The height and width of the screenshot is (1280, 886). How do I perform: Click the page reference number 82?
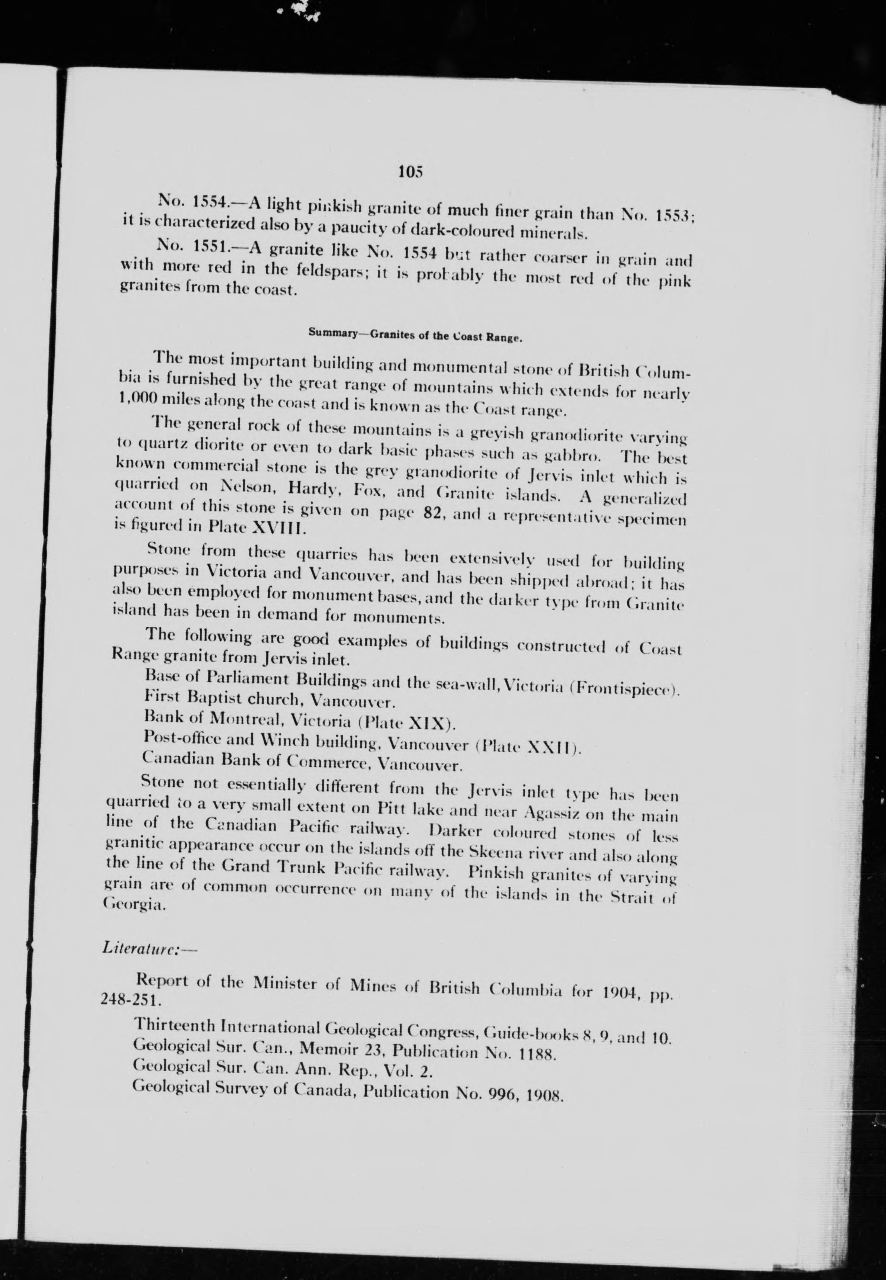pos(433,513)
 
